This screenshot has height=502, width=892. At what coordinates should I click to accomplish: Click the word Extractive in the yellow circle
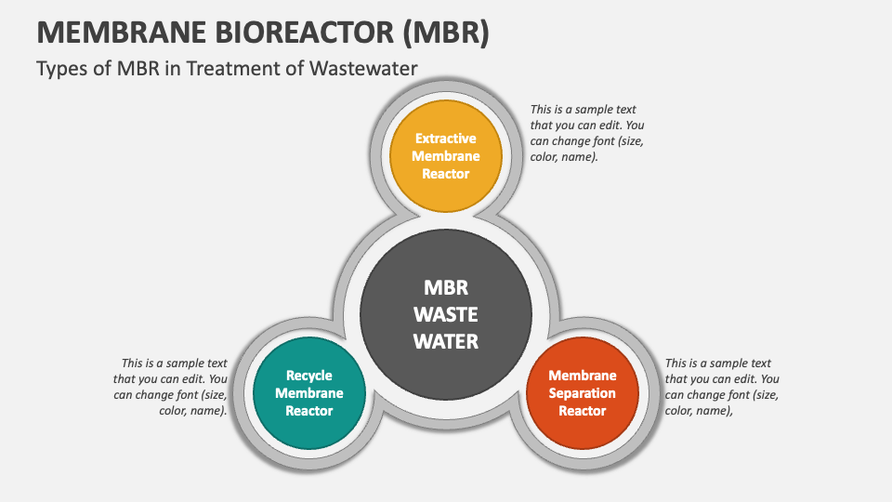(x=446, y=139)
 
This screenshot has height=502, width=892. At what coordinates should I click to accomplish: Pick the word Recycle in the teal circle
(x=308, y=376)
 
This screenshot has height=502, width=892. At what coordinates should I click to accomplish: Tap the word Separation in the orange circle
(x=583, y=393)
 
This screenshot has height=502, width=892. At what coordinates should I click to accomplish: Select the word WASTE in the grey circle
(x=446, y=314)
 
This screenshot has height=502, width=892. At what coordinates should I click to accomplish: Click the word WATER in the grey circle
(x=446, y=341)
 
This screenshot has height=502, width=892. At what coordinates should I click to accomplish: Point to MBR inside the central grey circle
(x=446, y=287)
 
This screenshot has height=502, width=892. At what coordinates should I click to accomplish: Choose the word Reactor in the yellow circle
(x=446, y=174)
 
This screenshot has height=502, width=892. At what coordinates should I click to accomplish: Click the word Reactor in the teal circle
(x=308, y=411)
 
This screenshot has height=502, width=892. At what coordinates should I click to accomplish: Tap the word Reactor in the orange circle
(x=583, y=411)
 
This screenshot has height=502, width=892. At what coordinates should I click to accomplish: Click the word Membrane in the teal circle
(x=308, y=393)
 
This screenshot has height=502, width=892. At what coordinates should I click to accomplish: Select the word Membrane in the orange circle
(x=583, y=376)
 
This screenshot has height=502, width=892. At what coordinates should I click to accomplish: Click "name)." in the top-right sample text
(x=579, y=157)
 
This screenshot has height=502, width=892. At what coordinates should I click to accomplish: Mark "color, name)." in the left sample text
(x=190, y=410)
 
